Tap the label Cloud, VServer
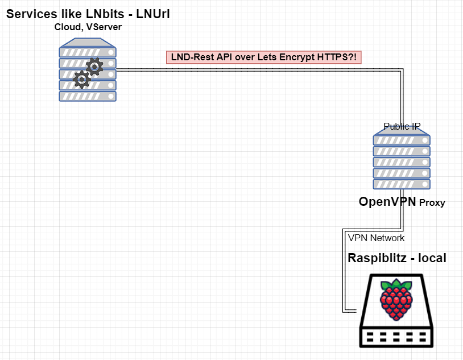(x=88, y=27)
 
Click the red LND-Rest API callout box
(x=264, y=57)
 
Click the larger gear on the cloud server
(x=94, y=68)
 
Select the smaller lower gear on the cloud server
(x=82, y=80)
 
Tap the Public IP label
(x=402, y=126)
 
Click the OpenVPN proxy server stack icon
(x=402, y=162)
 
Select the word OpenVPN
(x=387, y=202)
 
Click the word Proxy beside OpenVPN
(x=432, y=203)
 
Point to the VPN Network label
(x=376, y=238)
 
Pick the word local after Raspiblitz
(x=432, y=258)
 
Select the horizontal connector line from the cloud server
(x=256, y=70)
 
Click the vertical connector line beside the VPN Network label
(x=344, y=273)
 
